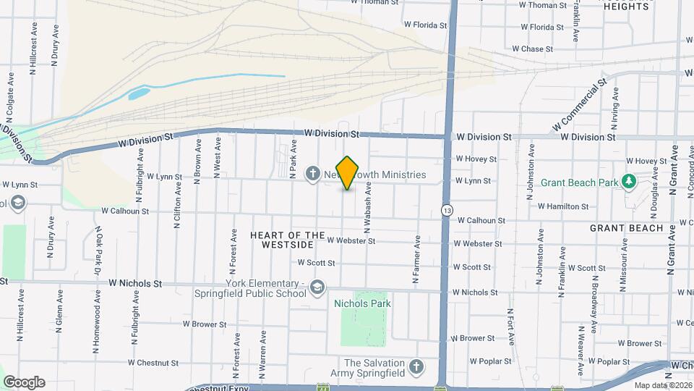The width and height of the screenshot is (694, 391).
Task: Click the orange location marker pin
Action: [348, 173]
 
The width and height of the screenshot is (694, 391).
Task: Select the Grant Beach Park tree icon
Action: [629, 180]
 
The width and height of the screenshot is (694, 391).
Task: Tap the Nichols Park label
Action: [361, 284]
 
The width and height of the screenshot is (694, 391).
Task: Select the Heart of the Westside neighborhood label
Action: [288, 240]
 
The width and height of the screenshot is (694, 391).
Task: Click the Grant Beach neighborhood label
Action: [626, 228]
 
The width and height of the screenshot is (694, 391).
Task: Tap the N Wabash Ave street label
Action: [367, 208]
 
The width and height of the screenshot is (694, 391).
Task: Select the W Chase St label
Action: [532, 49]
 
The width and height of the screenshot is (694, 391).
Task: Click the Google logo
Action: [24, 382]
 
